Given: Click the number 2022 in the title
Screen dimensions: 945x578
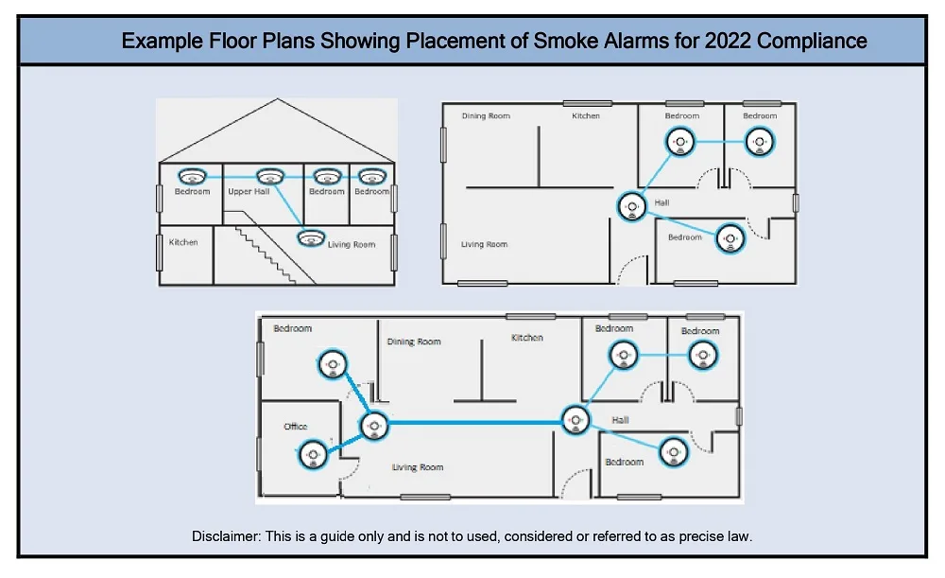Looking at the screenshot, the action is tap(728, 41).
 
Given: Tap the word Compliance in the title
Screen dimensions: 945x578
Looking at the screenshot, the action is tap(812, 42).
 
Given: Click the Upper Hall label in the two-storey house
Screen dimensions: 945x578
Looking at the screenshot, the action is tap(249, 191).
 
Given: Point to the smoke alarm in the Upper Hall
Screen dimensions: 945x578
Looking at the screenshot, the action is tap(269, 176).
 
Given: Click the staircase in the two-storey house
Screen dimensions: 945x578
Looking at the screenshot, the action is tap(266, 254).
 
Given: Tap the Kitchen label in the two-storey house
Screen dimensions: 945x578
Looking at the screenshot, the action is tap(183, 242).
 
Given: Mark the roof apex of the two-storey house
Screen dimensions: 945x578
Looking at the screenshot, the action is tap(277, 99).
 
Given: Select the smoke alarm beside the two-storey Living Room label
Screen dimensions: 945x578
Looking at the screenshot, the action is tap(311, 238).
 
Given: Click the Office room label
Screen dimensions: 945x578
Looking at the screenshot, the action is tap(295, 427).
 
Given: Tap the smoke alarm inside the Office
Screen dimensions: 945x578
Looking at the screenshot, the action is tap(314, 454).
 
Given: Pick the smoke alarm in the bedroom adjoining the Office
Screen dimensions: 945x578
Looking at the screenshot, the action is tap(332, 364).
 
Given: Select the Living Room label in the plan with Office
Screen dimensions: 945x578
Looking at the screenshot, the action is tap(417, 467).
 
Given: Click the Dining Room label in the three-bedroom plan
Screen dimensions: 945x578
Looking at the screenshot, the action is tap(486, 115).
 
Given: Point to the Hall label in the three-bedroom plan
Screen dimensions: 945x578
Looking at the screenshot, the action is tap(661, 202).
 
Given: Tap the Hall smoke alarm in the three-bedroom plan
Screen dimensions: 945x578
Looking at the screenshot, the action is tap(631, 206).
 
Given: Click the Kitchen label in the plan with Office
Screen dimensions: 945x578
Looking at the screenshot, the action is tap(526, 338).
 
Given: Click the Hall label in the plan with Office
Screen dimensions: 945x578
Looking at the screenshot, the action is tap(620, 420).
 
